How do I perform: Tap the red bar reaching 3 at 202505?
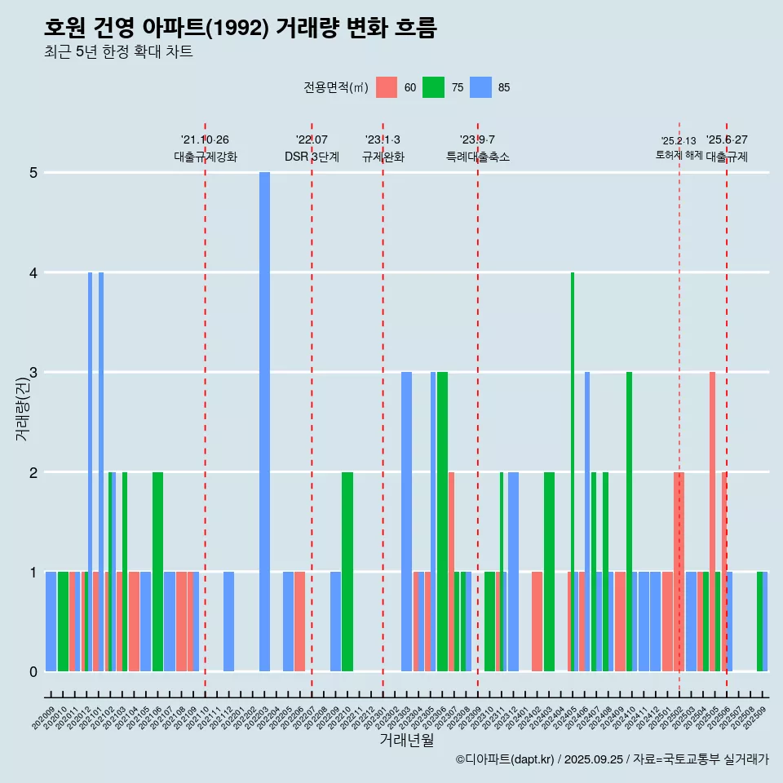pyautogui.click(x=712, y=522)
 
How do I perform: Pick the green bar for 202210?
pyautogui.click(x=347, y=572)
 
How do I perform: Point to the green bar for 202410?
pyautogui.click(x=629, y=522)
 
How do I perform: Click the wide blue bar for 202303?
pyautogui.click(x=406, y=522)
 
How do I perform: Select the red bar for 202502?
pyautogui.click(x=679, y=572)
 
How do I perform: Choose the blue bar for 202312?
pyautogui.click(x=513, y=572)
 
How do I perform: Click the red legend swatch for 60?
pyautogui.click(x=387, y=88)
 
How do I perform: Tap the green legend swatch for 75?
pyautogui.click(x=434, y=88)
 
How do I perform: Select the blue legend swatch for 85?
pyautogui.click(x=481, y=88)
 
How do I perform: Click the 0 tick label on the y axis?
pyautogui.click(x=34, y=672)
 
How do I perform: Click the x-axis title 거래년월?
pyautogui.click(x=406, y=741)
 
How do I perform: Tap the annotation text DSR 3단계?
pyautogui.click(x=312, y=157)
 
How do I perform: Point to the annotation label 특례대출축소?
pyautogui.click(x=478, y=157)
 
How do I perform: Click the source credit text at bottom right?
pyautogui.click(x=612, y=759)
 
